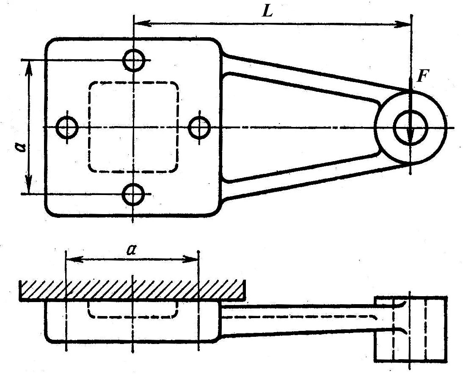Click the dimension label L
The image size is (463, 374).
click(268, 11)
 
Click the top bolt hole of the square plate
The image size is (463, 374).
click(134, 60)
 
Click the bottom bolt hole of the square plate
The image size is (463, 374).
click(133, 194)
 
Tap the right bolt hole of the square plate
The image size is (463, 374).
click(199, 127)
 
